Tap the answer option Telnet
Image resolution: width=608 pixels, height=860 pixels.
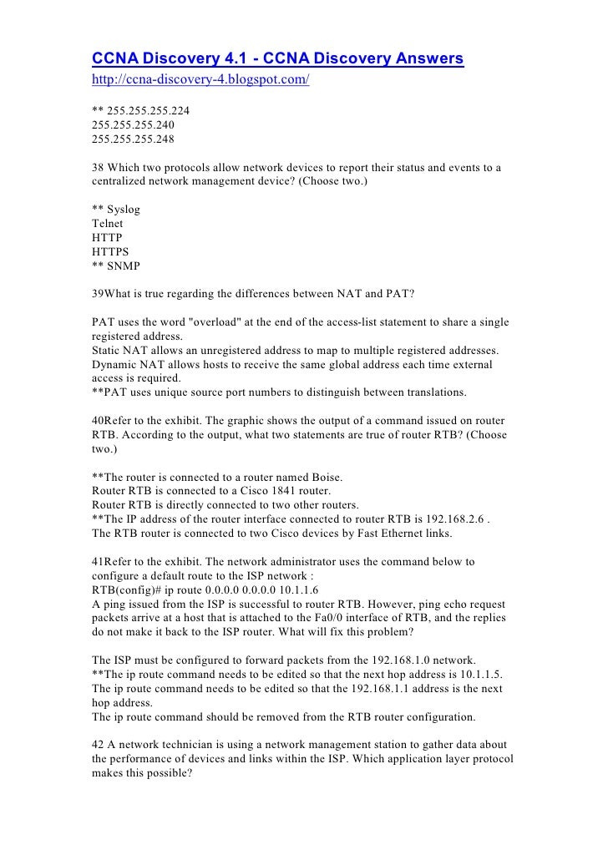coord(108,224)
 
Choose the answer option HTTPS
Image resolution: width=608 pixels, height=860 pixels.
coord(111,252)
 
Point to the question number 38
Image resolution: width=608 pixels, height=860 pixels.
coord(99,167)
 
